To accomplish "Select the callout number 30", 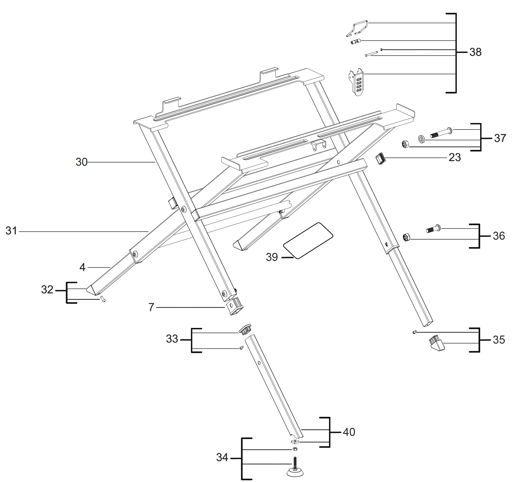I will coord(82,162).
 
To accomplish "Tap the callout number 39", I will coord(272,257).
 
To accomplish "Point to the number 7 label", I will coord(151,307).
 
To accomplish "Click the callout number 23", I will coord(454,157).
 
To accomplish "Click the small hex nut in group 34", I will coord(295,449).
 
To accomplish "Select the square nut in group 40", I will coord(295,441).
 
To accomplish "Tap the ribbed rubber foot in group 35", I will coord(437,343).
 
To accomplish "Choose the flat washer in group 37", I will coord(421,139).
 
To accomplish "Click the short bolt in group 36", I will coord(433,229).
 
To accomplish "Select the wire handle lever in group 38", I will coord(357,28).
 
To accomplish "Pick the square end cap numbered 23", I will coord(381,159).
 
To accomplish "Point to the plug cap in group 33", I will coord(245,330).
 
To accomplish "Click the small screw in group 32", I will coord(103,300).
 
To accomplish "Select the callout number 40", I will coord(349,432).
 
